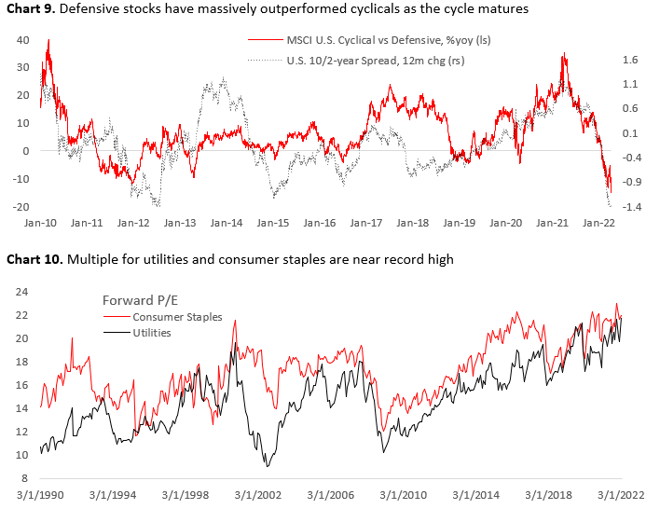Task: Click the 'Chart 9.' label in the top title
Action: pos(34,9)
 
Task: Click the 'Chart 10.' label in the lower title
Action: pos(37,259)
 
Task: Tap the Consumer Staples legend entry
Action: pos(163,317)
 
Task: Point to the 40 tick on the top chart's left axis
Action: pos(25,40)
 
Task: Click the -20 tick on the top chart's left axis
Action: pos(22,206)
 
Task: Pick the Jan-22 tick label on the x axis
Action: pos(598,224)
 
